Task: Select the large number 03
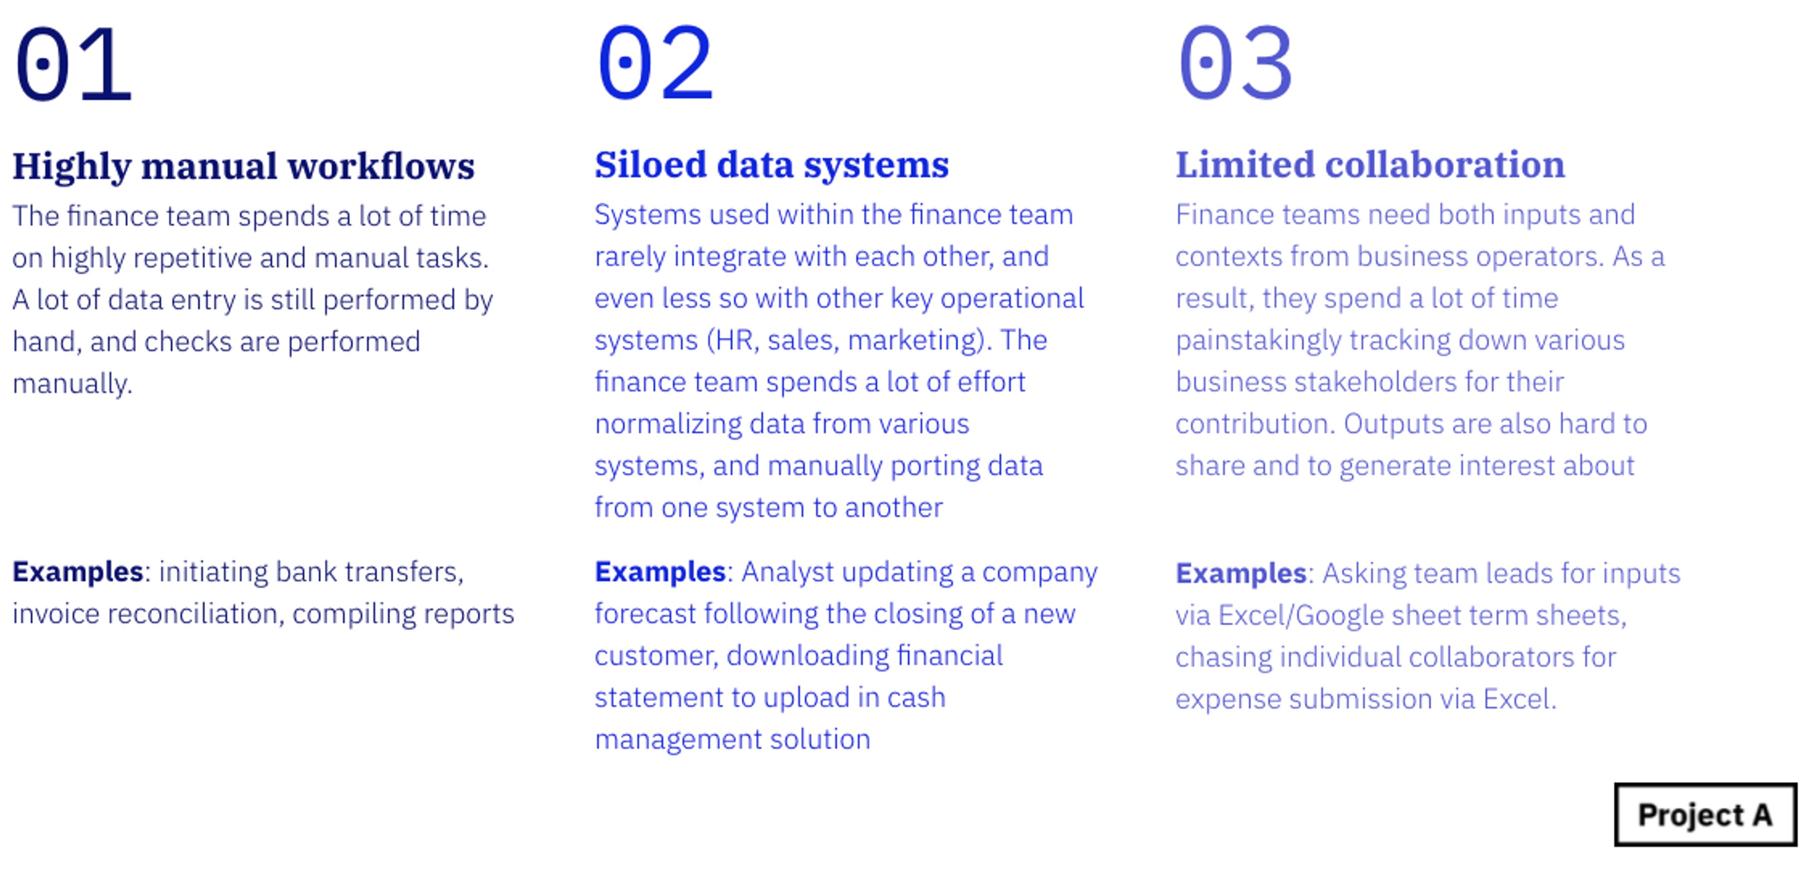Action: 1236,63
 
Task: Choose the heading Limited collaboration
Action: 1370,165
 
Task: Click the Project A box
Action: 1705,814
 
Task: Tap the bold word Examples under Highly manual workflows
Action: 78,572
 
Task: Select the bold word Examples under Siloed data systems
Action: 660,572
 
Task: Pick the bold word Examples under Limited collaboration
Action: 1241,573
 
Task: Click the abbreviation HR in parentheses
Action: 733,340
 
